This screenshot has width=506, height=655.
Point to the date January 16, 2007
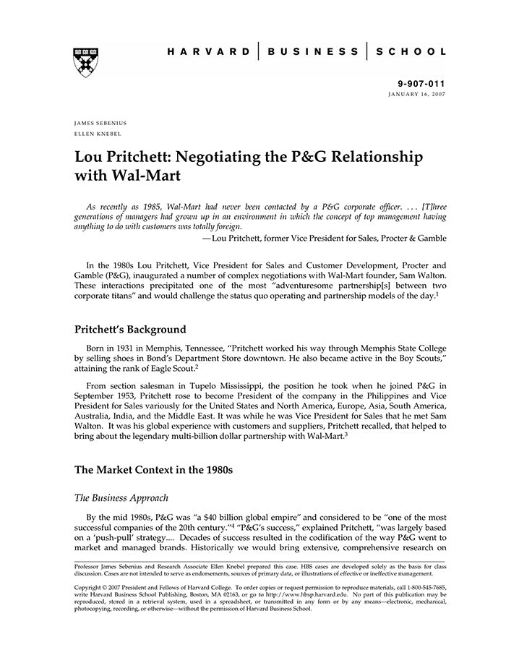(x=417, y=95)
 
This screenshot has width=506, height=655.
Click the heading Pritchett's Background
(x=130, y=329)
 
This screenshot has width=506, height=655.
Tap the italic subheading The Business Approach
(x=121, y=498)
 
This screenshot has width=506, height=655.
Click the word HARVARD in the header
(x=208, y=53)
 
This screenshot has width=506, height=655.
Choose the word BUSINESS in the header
(x=313, y=53)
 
